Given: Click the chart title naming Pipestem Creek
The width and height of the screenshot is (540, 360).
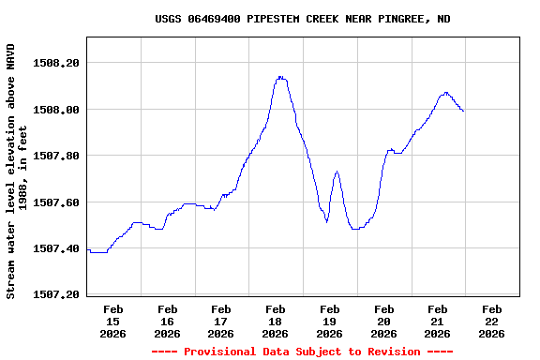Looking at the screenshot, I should point(302,19).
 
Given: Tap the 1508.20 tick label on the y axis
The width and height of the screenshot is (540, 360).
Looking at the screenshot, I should point(56,63).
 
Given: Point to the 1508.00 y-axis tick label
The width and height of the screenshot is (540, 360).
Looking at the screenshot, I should point(56,110).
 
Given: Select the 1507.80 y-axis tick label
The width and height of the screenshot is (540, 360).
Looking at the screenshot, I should point(56,156).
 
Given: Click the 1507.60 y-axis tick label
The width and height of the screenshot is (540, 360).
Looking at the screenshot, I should point(56,202).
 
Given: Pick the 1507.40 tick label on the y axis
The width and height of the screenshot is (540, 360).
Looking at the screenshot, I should point(56,248).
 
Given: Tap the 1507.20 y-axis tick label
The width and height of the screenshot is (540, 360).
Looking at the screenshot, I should point(56,295).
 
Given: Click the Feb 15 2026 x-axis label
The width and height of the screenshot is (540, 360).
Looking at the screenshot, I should point(113,321).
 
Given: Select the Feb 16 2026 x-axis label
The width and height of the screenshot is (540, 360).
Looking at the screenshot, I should point(168,321).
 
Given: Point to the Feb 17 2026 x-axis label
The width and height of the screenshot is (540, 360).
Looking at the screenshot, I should point(221,321).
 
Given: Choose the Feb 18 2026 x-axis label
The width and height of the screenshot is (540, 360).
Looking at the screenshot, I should point(276,321).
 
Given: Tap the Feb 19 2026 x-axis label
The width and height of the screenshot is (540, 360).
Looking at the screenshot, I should point(329,321).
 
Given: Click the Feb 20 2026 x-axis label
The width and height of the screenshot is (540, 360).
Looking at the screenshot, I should point(383,321).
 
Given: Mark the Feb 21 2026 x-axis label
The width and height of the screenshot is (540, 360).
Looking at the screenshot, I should point(437,321).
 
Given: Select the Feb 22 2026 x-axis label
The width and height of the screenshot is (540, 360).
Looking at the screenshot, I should point(491,321).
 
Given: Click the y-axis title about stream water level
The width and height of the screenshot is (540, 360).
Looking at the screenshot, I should point(17,171).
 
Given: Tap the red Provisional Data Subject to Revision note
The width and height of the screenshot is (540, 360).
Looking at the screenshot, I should point(302,352).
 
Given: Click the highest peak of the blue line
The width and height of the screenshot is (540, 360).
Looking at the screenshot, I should point(280,77).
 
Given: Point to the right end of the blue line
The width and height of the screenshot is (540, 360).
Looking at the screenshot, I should point(463,112).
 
